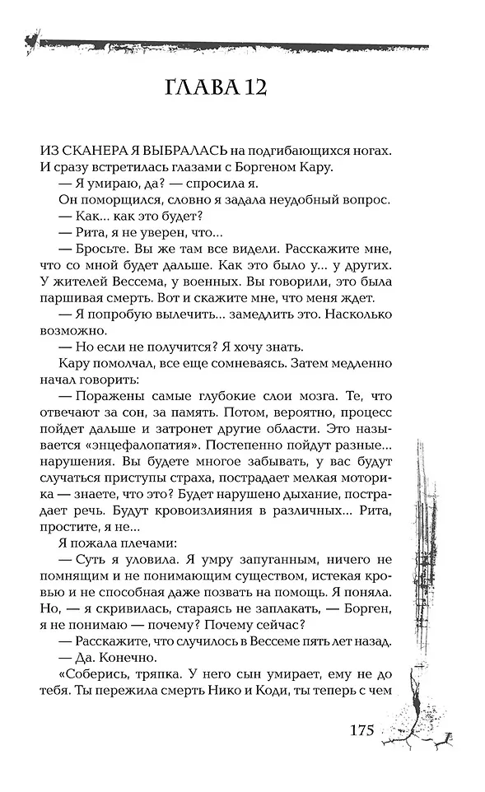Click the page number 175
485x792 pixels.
(362, 730)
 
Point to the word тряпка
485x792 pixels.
(152, 676)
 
